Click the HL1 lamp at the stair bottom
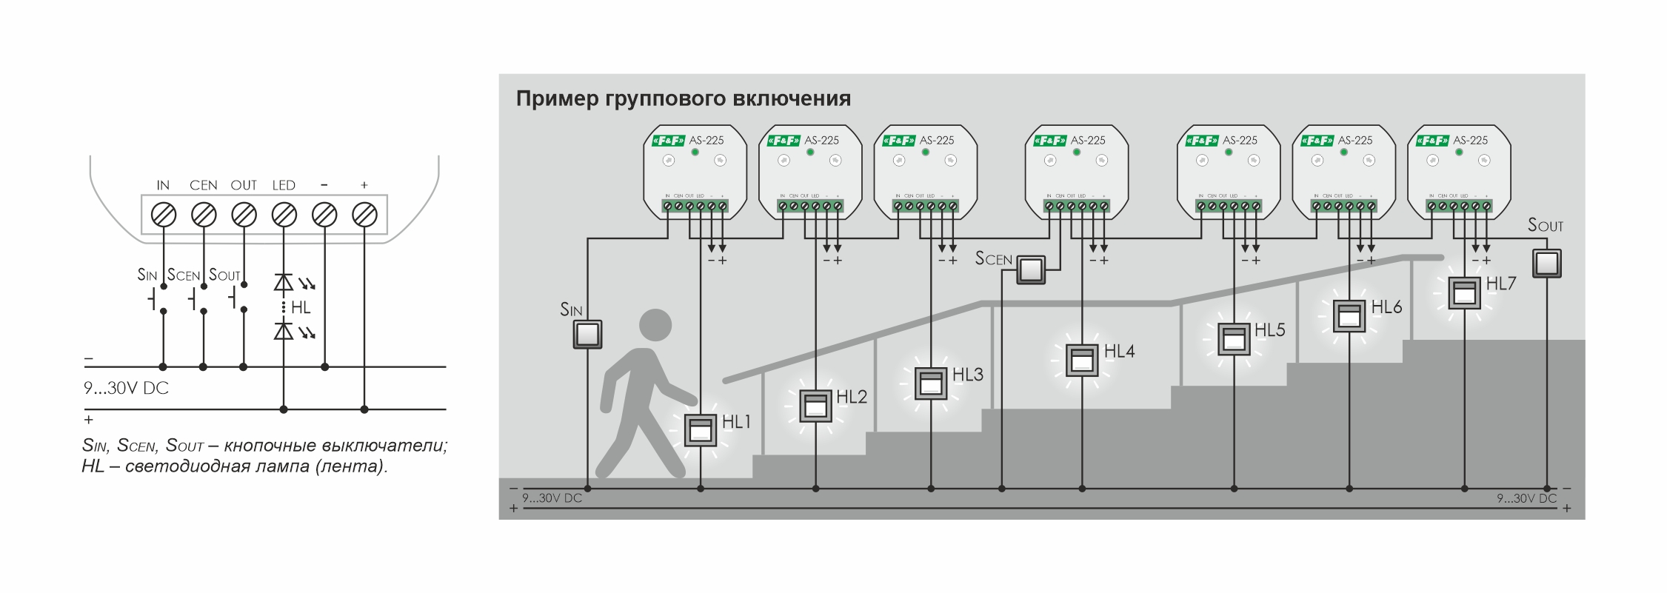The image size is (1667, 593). click(x=700, y=429)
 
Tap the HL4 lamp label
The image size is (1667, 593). click(x=1119, y=352)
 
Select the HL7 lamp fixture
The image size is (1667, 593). click(x=1464, y=292)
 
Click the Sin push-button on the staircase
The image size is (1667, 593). click(x=587, y=334)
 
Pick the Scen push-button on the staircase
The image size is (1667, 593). click(x=1030, y=269)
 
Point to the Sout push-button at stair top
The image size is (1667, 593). click(x=1546, y=263)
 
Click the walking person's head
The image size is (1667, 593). click(x=655, y=324)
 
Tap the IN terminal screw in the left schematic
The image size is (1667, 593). click(x=163, y=215)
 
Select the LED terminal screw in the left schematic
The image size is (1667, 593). click(x=284, y=215)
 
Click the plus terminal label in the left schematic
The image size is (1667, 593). click(x=364, y=185)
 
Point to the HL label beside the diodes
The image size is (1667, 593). click(x=301, y=307)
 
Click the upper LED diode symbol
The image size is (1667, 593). click(x=284, y=282)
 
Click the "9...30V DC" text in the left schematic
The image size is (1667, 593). click(x=126, y=388)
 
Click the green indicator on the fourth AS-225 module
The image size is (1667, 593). click(x=1076, y=152)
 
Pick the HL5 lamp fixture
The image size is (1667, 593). click(x=1234, y=339)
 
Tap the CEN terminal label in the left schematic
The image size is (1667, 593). click(x=203, y=185)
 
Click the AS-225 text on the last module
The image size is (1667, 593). click(x=1470, y=140)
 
